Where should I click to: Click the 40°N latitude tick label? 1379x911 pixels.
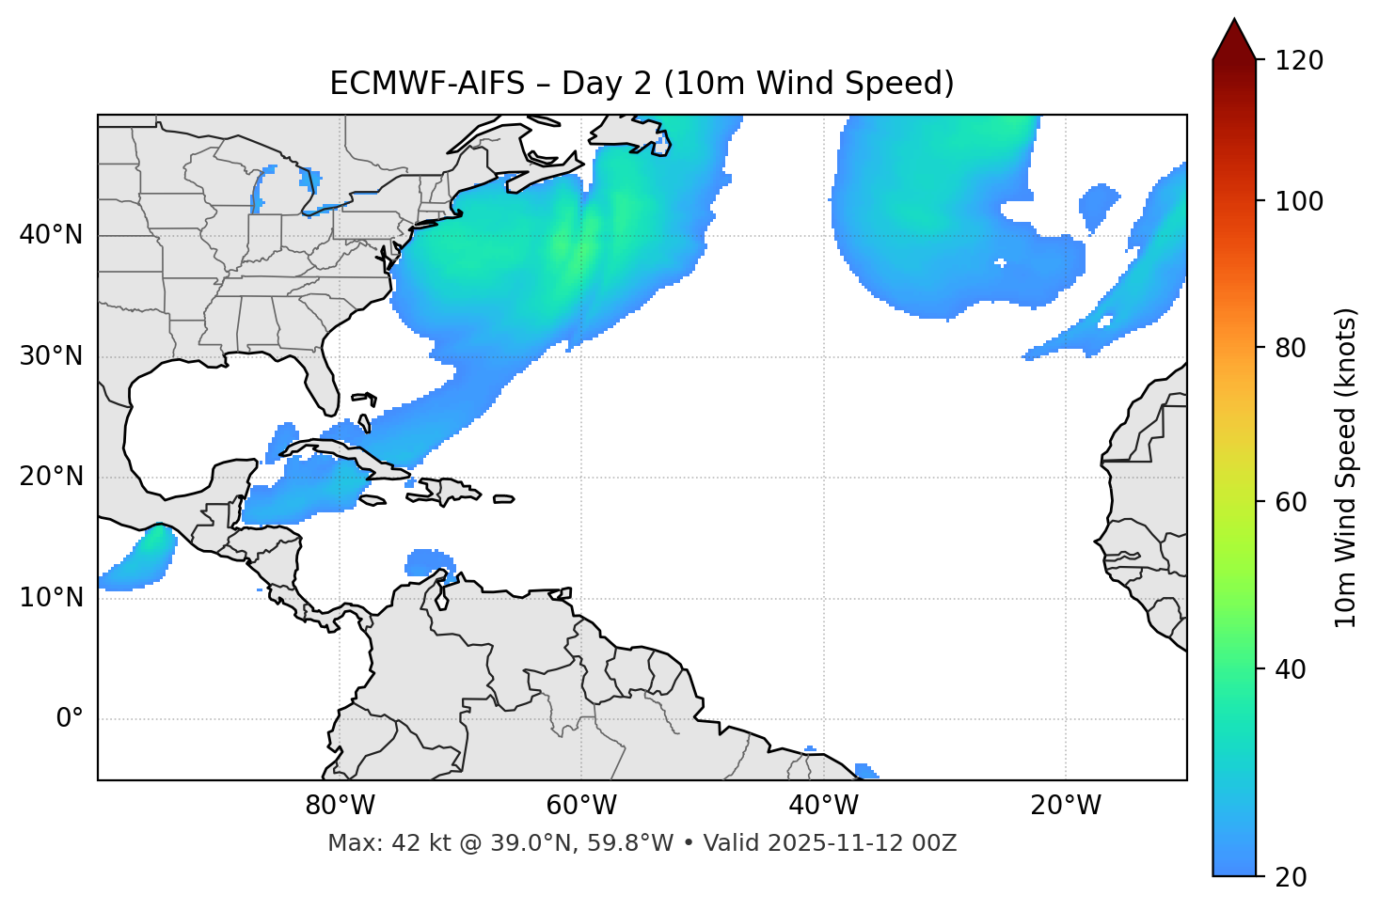coord(51,235)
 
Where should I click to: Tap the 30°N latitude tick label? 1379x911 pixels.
coord(51,356)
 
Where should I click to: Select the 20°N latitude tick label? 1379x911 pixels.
coord(51,478)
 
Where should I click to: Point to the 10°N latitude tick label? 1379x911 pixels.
coord(51,598)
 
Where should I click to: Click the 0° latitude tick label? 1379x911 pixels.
coord(70,719)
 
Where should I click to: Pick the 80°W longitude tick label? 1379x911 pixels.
coord(340,806)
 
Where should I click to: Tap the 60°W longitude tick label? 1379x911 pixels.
coord(581,806)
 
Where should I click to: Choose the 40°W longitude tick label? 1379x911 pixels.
coord(823,806)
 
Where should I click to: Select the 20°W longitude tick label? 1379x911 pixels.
coord(1065,806)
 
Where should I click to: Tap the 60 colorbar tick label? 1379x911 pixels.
coord(1291,502)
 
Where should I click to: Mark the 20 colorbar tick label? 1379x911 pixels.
coord(1291,877)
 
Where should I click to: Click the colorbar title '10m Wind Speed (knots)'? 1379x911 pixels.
coord(1346,467)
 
